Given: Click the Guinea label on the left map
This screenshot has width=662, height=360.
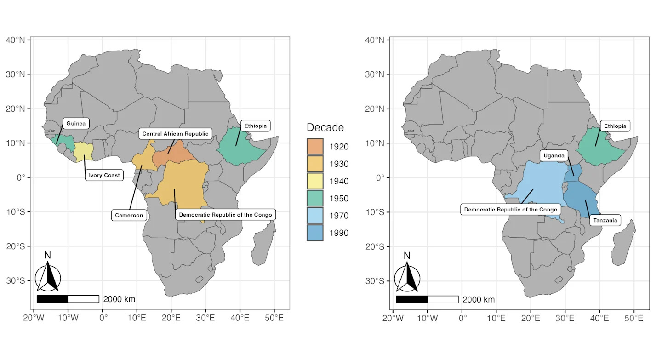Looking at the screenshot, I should [x=76, y=123].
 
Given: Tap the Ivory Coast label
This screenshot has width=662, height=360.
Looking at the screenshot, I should [x=104, y=175].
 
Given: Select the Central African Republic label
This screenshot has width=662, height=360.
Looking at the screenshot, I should [x=175, y=134].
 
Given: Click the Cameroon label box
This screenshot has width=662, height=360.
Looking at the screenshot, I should [x=129, y=215].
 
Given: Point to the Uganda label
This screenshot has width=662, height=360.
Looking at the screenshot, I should [x=554, y=155].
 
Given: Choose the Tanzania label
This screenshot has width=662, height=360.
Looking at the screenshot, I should [x=605, y=220].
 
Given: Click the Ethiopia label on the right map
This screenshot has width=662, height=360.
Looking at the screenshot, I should [x=615, y=126].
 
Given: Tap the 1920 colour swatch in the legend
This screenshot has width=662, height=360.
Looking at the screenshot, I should [x=315, y=147].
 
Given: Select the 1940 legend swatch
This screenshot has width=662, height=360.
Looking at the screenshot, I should [x=315, y=181].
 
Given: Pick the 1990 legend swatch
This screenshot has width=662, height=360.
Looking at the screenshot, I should [x=315, y=233].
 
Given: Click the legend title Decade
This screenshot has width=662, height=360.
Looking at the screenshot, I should [x=325, y=127].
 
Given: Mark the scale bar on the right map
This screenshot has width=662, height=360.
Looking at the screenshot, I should [x=427, y=299].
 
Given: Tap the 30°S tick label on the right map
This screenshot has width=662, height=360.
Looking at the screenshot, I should [x=375, y=281].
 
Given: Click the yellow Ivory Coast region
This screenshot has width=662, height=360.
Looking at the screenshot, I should [x=83, y=151].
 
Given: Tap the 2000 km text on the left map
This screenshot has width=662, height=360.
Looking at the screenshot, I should [x=120, y=299].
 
